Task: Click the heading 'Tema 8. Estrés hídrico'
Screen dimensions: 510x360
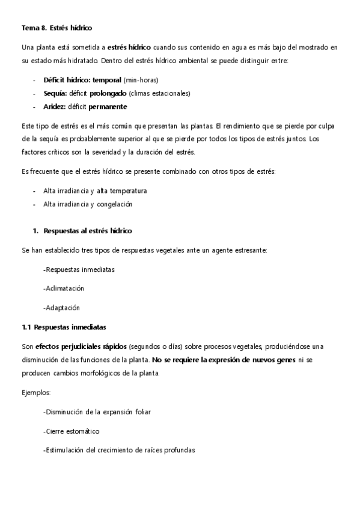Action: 56,28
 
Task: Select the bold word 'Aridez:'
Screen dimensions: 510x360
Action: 54,106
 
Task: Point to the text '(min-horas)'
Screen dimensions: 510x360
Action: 141,80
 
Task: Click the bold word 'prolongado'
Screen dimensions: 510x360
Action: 108,93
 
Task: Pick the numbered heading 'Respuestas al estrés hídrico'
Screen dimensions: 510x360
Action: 88,230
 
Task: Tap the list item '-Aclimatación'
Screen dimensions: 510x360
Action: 64,288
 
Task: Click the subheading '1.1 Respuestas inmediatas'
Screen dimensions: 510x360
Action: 64,327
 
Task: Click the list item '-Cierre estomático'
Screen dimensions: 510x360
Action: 72,431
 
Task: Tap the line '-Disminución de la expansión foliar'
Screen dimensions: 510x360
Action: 97,411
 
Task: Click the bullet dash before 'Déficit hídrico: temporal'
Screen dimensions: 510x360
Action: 34,80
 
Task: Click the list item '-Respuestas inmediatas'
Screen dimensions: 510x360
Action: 79,269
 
